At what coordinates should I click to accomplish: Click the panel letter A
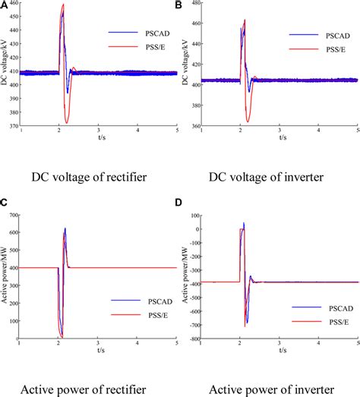click(5, 5)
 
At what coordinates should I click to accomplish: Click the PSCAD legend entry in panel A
click(132, 33)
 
